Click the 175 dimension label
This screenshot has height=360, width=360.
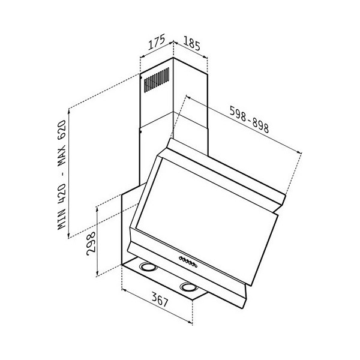(x=157, y=42)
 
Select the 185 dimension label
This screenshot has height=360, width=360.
(x=192, y=44)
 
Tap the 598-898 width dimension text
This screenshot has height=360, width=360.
(x=249, y=119)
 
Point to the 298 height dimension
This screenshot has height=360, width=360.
(x=91, y=244)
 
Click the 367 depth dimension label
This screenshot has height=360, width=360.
(x=160, y=300)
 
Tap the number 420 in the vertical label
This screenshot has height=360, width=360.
(x=62, y=193)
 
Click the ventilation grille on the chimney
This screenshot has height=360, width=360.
(x=157, y=80)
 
